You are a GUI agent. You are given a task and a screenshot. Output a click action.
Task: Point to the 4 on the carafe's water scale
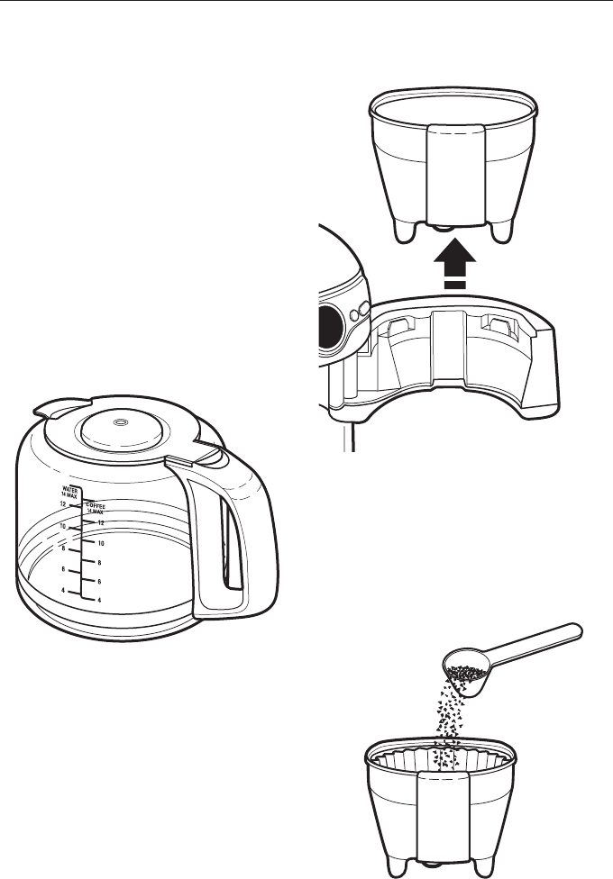click(x=63, y=590)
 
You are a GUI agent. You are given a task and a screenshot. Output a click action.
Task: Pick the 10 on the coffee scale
click(x=102, y=543)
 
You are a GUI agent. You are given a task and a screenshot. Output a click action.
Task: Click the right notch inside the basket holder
click(x=499, y=323)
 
